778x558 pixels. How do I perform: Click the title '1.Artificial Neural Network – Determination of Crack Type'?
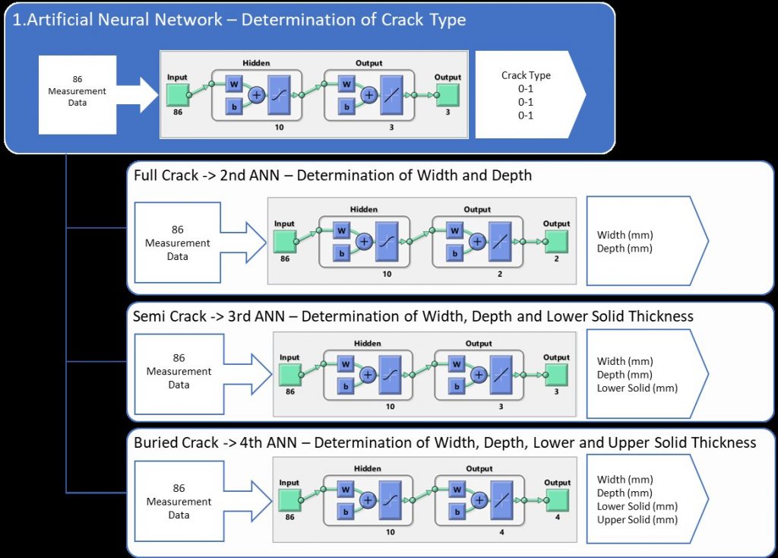(239, 20)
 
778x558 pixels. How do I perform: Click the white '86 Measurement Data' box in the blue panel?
(77, 91)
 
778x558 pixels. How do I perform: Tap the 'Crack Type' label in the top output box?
(526, 75)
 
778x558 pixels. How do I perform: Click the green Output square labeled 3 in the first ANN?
(447, 95)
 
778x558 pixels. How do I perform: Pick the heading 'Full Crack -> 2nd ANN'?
(332, 176)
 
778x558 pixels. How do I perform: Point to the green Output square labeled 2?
(556, 241)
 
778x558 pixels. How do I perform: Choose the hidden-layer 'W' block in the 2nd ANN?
(342, 230)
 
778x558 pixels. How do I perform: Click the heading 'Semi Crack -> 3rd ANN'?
(413, 315)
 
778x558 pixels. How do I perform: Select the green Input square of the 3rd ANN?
(290, 374)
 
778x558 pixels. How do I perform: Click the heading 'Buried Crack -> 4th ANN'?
(444, 442)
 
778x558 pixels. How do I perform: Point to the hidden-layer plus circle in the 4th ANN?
(368, 499)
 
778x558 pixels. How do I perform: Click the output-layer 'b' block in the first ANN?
(347, 107)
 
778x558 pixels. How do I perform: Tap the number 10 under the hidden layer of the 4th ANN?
(390, 532)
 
